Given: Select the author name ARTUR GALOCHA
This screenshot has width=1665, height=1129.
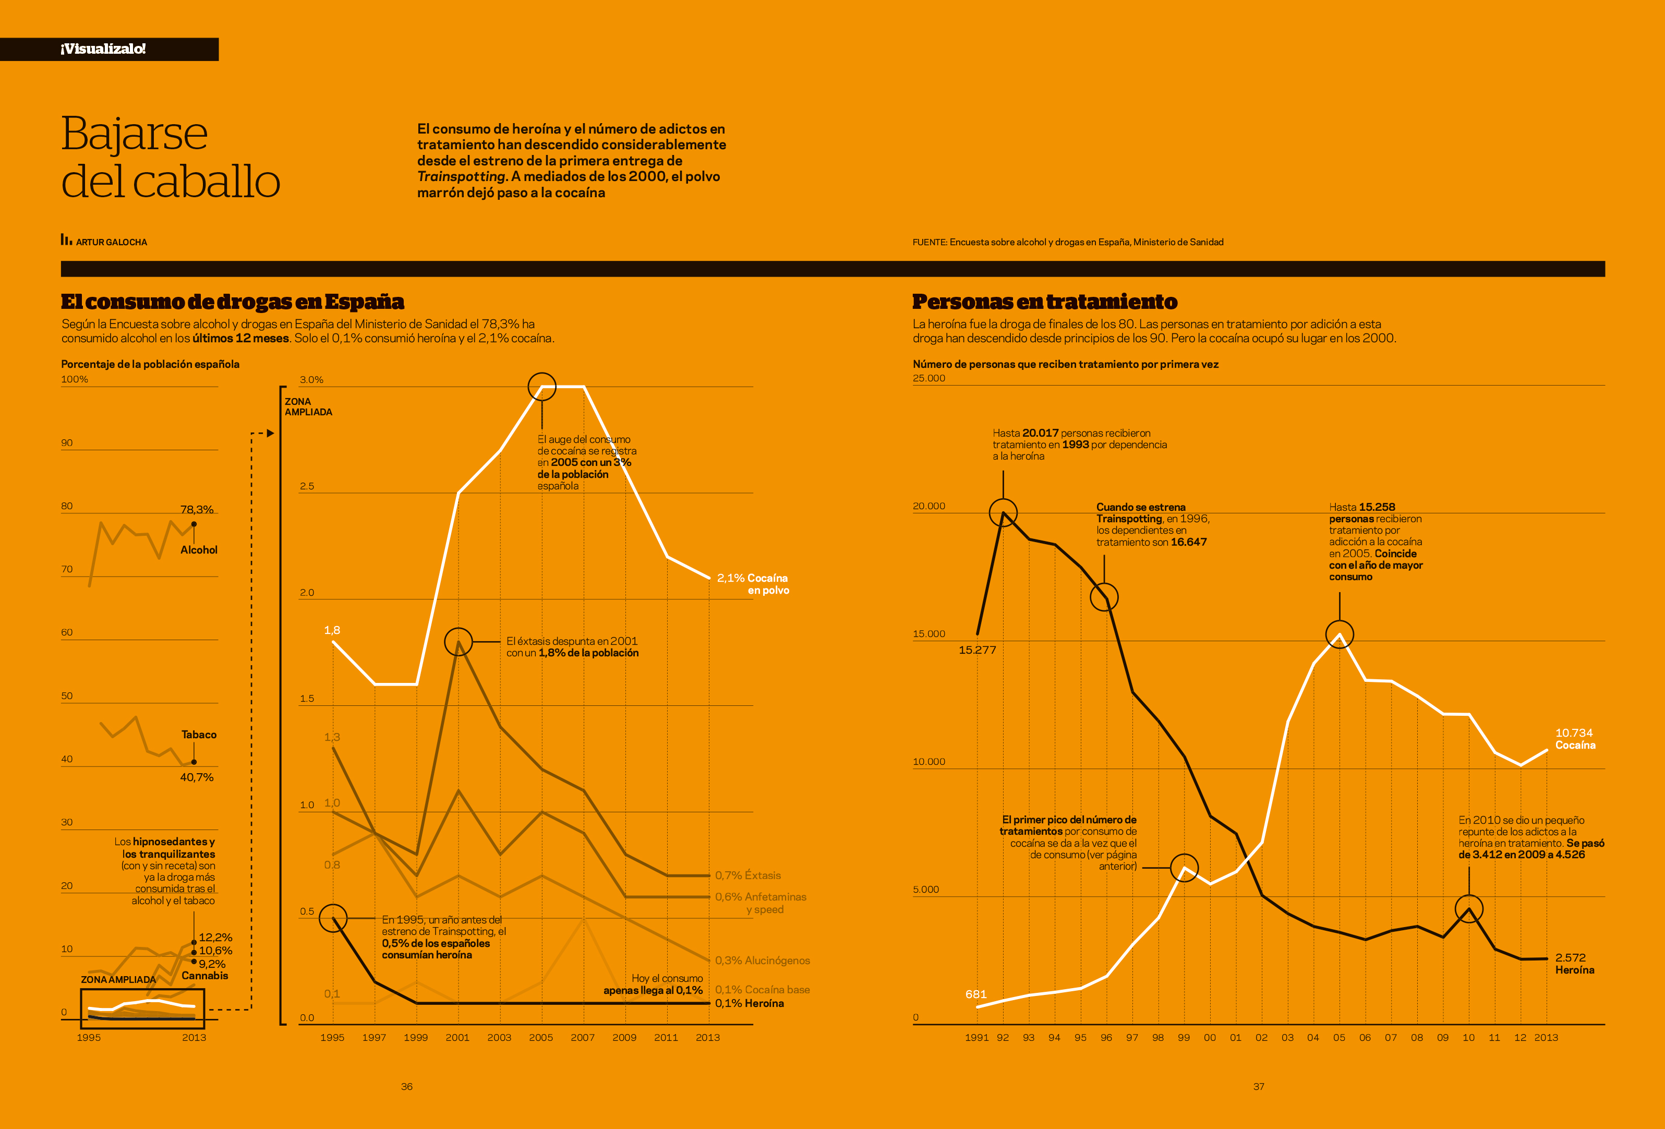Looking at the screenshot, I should point(111,242).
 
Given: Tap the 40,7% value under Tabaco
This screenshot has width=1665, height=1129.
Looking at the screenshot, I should point(196,777).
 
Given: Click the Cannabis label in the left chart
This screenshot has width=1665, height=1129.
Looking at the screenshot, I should point(205,976).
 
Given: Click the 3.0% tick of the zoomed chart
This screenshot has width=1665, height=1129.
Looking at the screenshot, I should point(311,380).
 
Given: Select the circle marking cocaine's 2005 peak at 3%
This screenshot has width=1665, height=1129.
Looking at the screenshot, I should point(541,387).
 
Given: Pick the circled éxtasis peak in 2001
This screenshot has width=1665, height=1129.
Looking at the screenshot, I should point(459,642).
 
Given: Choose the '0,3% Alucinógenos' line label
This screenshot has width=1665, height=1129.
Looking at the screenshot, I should point(762,960).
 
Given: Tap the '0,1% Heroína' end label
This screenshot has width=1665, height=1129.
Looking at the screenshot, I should point(750,1004).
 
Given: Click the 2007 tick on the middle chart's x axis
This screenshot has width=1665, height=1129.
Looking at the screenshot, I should point(583,1037).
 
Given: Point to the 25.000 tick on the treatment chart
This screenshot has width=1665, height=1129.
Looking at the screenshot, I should point(928,378).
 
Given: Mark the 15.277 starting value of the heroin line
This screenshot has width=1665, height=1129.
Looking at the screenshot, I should point(977,650).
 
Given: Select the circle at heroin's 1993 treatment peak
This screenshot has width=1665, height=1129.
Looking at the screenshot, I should point(1003,513).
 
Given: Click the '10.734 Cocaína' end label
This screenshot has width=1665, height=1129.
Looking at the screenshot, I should point(1575,739).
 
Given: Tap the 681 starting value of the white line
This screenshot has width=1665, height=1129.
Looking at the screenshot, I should point(976,994).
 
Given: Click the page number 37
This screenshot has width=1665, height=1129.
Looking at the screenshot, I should point(1259,1087).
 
